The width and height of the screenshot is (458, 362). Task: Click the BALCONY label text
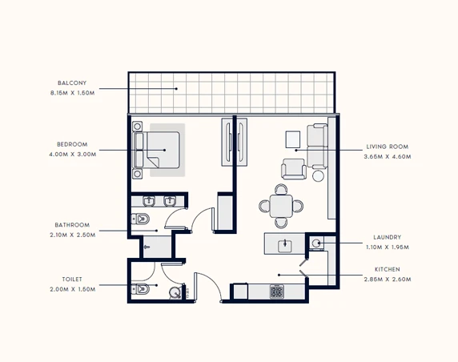coord(72,83)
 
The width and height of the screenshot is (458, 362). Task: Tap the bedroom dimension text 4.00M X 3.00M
coord(73,155)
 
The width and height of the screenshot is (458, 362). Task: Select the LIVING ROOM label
coord(388,147)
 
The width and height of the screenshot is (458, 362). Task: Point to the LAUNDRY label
coord(388,237)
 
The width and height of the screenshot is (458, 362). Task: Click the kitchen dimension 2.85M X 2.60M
coord(388,280)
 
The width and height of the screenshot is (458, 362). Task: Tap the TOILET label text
coord(72,280)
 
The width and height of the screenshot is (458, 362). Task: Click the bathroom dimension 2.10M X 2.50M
coord(73,235)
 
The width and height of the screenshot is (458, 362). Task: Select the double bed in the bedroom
coord(157,151)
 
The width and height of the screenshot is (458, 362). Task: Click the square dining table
coord(281,207)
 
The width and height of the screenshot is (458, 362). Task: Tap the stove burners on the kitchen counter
coord(276,292)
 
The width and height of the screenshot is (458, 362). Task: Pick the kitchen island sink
coord(285,245)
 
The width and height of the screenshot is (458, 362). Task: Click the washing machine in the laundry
coord(316,243)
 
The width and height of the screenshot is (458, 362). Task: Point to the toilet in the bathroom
coord(140,219)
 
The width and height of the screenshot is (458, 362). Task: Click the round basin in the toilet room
coord(175,293)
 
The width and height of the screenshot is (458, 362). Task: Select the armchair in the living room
coord(294,169)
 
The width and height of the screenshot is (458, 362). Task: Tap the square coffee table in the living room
coord(293,139)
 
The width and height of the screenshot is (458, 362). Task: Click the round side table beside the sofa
coord(318,176)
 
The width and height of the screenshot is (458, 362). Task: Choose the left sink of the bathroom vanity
coord(149,201)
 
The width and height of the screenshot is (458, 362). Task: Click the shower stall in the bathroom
coord(157,247)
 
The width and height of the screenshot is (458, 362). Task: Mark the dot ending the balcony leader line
coord(176,89)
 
